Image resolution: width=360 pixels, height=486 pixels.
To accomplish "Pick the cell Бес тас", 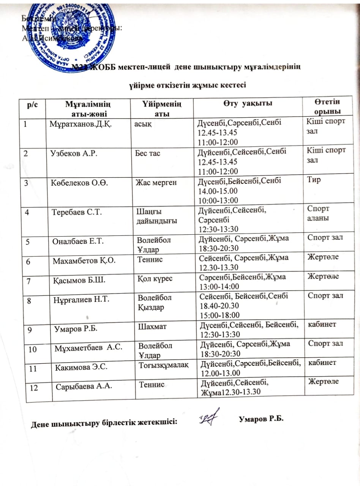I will coord(148,153).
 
